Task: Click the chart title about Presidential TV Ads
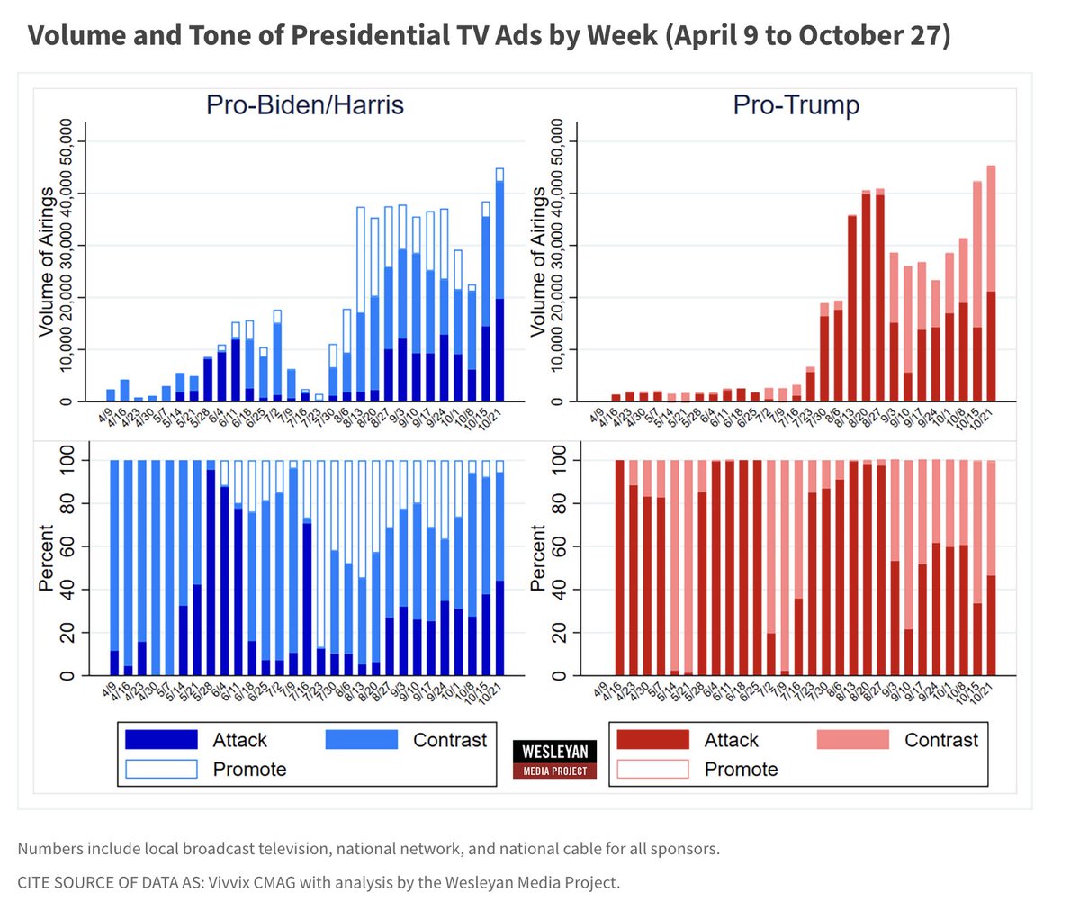click(x=489, y=36)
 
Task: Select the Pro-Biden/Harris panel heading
click(x=305, y=105)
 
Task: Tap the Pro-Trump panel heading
click(x=796, y=105)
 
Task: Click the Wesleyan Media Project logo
click(x=555, y=759)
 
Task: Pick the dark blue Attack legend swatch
click(x=161, y=740)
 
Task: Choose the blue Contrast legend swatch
click(x=361, y=740)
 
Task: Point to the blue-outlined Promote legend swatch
click(x=161, y=769)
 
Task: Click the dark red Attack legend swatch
click(x=652, y=740)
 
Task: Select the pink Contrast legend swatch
click(x=852, y=740)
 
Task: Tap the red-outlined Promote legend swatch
click(x=652, y=769)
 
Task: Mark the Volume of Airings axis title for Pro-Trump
click(x=538, y=263)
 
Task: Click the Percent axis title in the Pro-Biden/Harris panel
click(x=46, y=558)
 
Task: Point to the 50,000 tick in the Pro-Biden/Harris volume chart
click(x=69, y=142)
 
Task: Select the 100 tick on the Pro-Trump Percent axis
click(x=561, y=461)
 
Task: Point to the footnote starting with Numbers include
click(x=368, y=848)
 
